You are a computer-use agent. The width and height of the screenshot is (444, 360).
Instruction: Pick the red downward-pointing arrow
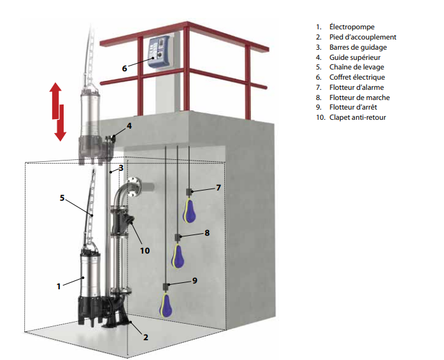[x=61, y=125]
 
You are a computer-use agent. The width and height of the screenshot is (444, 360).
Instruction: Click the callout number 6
[x=125, y=67]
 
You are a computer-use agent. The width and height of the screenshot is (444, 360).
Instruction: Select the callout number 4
[x=129, y=126]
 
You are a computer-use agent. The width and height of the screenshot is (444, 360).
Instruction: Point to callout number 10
[x=145, y=250]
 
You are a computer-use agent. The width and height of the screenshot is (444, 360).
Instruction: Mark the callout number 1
[x=58, y=286]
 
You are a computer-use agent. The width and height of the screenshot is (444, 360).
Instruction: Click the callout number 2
[x=146, y=337]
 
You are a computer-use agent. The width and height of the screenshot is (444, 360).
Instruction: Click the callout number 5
[x=62, y=198]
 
